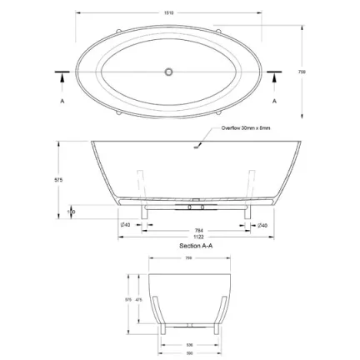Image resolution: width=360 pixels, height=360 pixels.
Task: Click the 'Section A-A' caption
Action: pos(197,247)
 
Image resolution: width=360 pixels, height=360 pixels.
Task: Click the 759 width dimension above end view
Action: pos(188,257)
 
